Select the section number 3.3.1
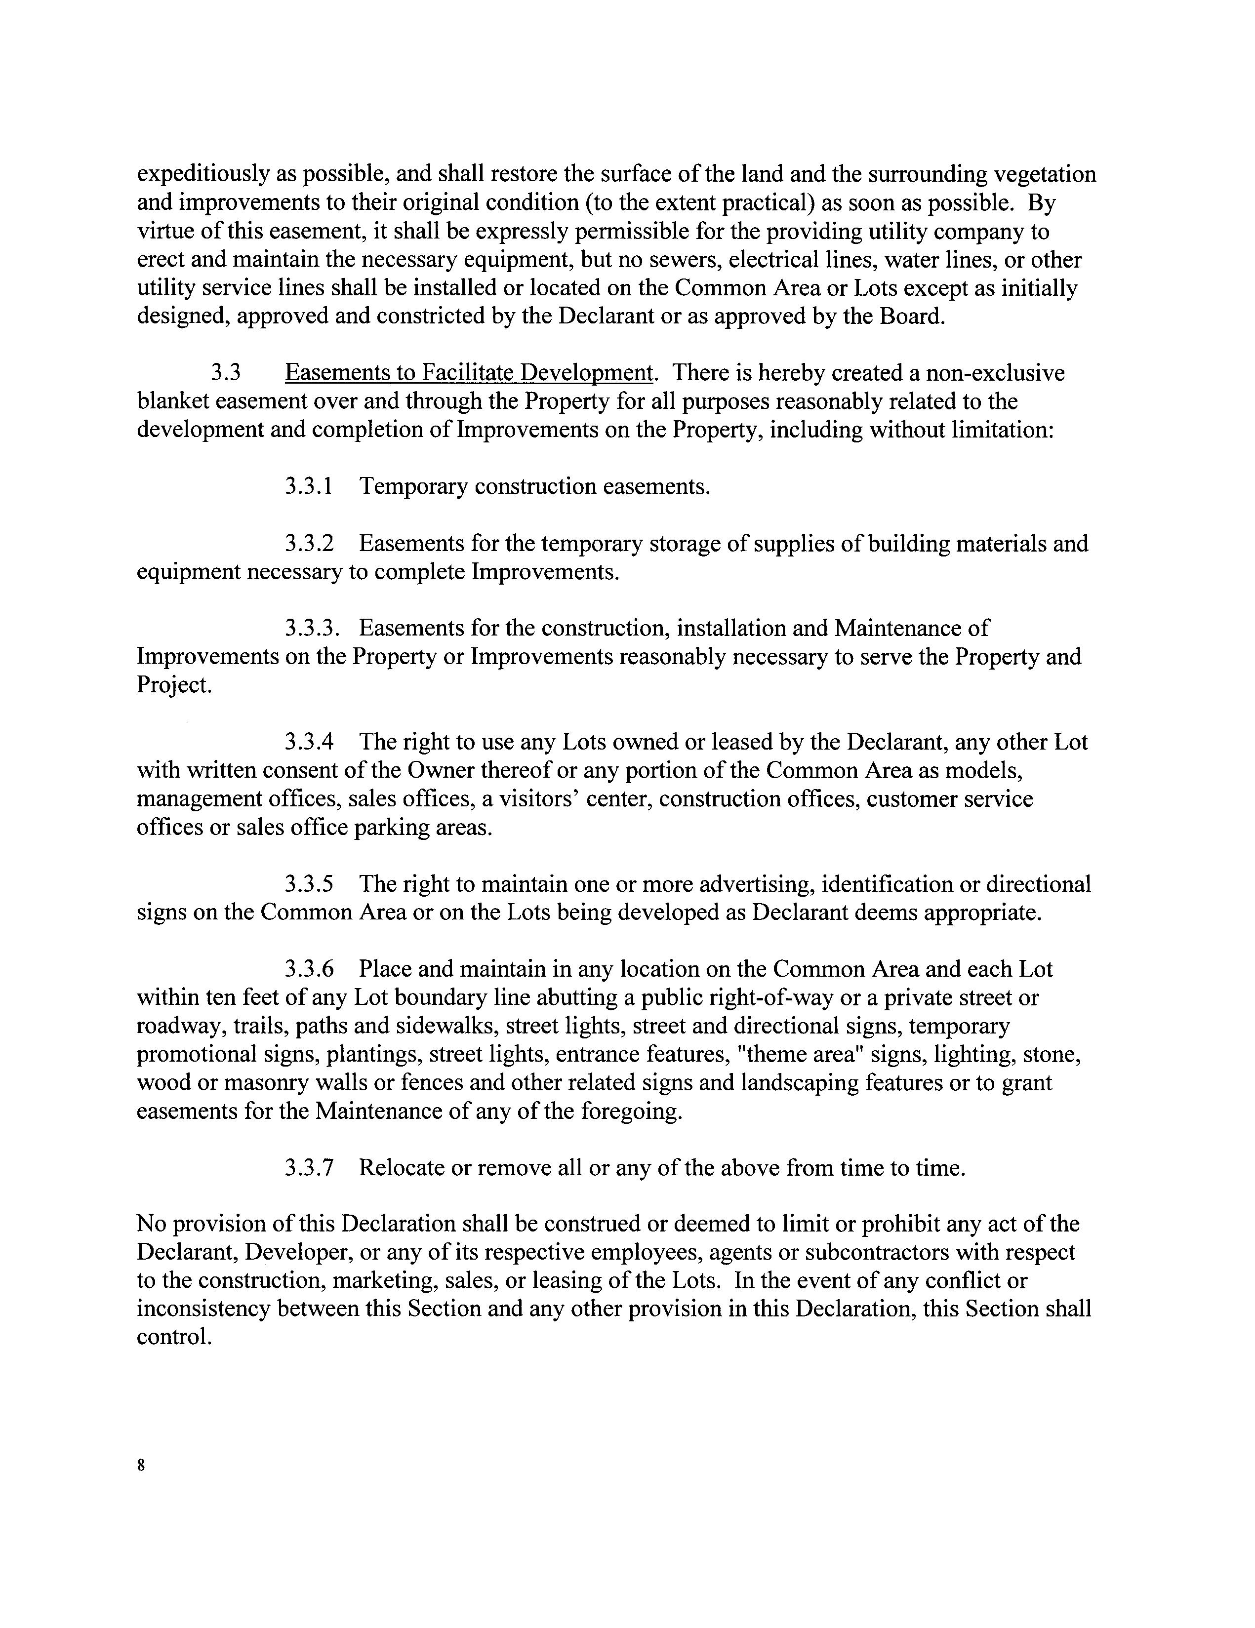308,487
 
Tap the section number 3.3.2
308,544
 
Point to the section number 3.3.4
308,743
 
